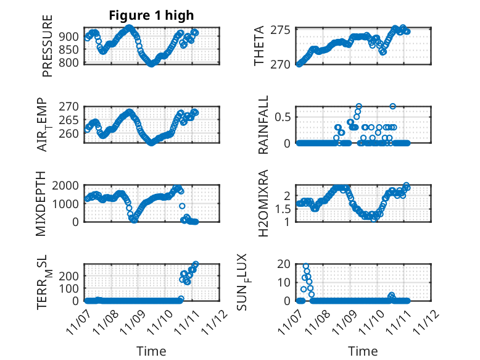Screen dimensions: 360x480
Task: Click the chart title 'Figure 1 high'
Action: [x=151, y=16]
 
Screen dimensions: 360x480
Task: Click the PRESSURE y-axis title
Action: [x=48, y=46]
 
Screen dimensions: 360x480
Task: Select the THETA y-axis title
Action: [x=259, y=46]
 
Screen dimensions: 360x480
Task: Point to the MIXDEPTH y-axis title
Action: [x=41, y=203]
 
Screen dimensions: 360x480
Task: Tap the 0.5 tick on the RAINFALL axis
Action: [x=283, y=116]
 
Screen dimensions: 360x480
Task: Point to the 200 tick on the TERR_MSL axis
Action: [x=71, y=274]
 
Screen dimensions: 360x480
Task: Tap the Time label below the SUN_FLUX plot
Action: [x=363, y=351]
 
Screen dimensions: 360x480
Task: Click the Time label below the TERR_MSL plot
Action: [x=151, y=351]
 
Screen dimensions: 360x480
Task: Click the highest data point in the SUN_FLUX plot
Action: [x=306, y=266]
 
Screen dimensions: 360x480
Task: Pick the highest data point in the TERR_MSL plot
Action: [x=196, y=264]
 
